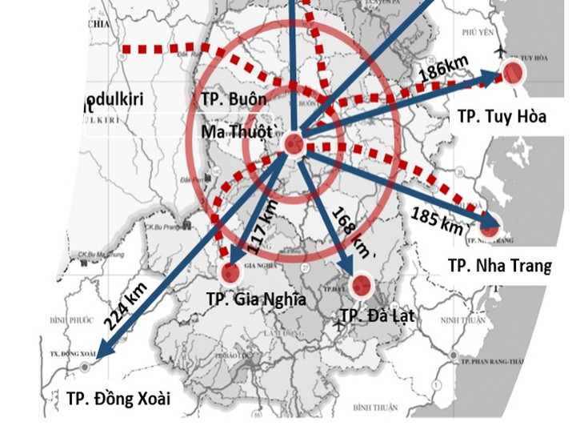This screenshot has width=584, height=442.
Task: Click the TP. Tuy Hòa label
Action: coord(502,116)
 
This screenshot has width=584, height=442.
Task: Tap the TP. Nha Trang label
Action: coord(499,265)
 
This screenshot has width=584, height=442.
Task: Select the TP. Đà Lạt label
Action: coord(377,315)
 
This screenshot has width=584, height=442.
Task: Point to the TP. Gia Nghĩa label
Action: coord(255,299)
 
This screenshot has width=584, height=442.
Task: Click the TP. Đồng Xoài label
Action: coord(118,398)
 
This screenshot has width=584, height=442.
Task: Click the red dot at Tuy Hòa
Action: coord(513,74)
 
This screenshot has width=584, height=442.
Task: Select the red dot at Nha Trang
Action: coord(489,227)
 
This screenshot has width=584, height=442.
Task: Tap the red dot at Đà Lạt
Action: coord(361,284)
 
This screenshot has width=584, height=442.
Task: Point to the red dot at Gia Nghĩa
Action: coord(232,273)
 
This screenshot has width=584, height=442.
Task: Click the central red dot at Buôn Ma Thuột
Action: coord(294,144)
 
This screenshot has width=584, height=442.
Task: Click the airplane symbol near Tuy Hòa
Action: coord(502,53)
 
